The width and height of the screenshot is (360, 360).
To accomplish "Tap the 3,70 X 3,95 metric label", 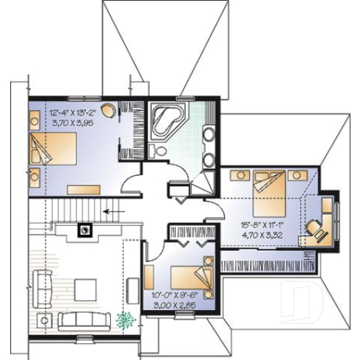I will [72, 125].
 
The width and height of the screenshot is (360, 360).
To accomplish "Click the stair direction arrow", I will [111, 212].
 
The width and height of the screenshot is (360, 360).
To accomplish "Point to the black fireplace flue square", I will [86, 229].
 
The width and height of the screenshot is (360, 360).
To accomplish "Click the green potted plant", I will [127, 319].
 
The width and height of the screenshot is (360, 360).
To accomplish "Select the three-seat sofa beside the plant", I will [84, 320].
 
